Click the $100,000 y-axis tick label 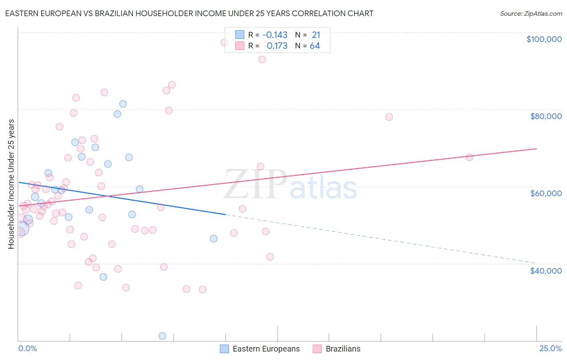pyautogui.click(x=544, y=39)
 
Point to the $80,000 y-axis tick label pyautogui.click(x=546, y=116)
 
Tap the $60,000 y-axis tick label pyautogui.click(x=546, y=193)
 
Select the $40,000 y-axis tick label pyautogui.click(x=546, y=270)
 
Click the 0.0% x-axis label pyautogui.click(x=27, y=348)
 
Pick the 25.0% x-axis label pyautogui.click(x=550, y=348)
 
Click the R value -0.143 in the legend pyautogui.click(x=275, y=35)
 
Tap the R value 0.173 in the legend pyautogui.click(x=277, y=46)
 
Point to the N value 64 pyautogui.click(x=315, y=46)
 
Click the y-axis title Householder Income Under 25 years pyautogui.click(x=11, y=184)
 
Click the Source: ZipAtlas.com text pyautogui.click(x=531, y=13)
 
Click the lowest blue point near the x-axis pyautogui.click(x=162, y=336)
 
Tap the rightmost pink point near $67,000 pyautogui.click(x=469, y=157)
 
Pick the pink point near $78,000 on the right pyautogui.click(x=389, y=117)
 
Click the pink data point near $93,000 pyautogui.click(x=262, y=59)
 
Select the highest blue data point pyautogui.click(x=123, y=104)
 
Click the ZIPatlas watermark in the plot pyautogui.click(x=290, y=185)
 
